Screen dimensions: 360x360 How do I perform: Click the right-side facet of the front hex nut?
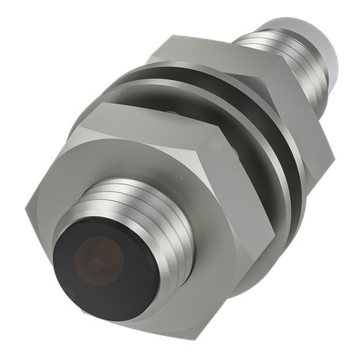click(x=248, y=216)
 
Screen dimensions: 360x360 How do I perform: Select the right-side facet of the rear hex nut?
click(x=306, y=130)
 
